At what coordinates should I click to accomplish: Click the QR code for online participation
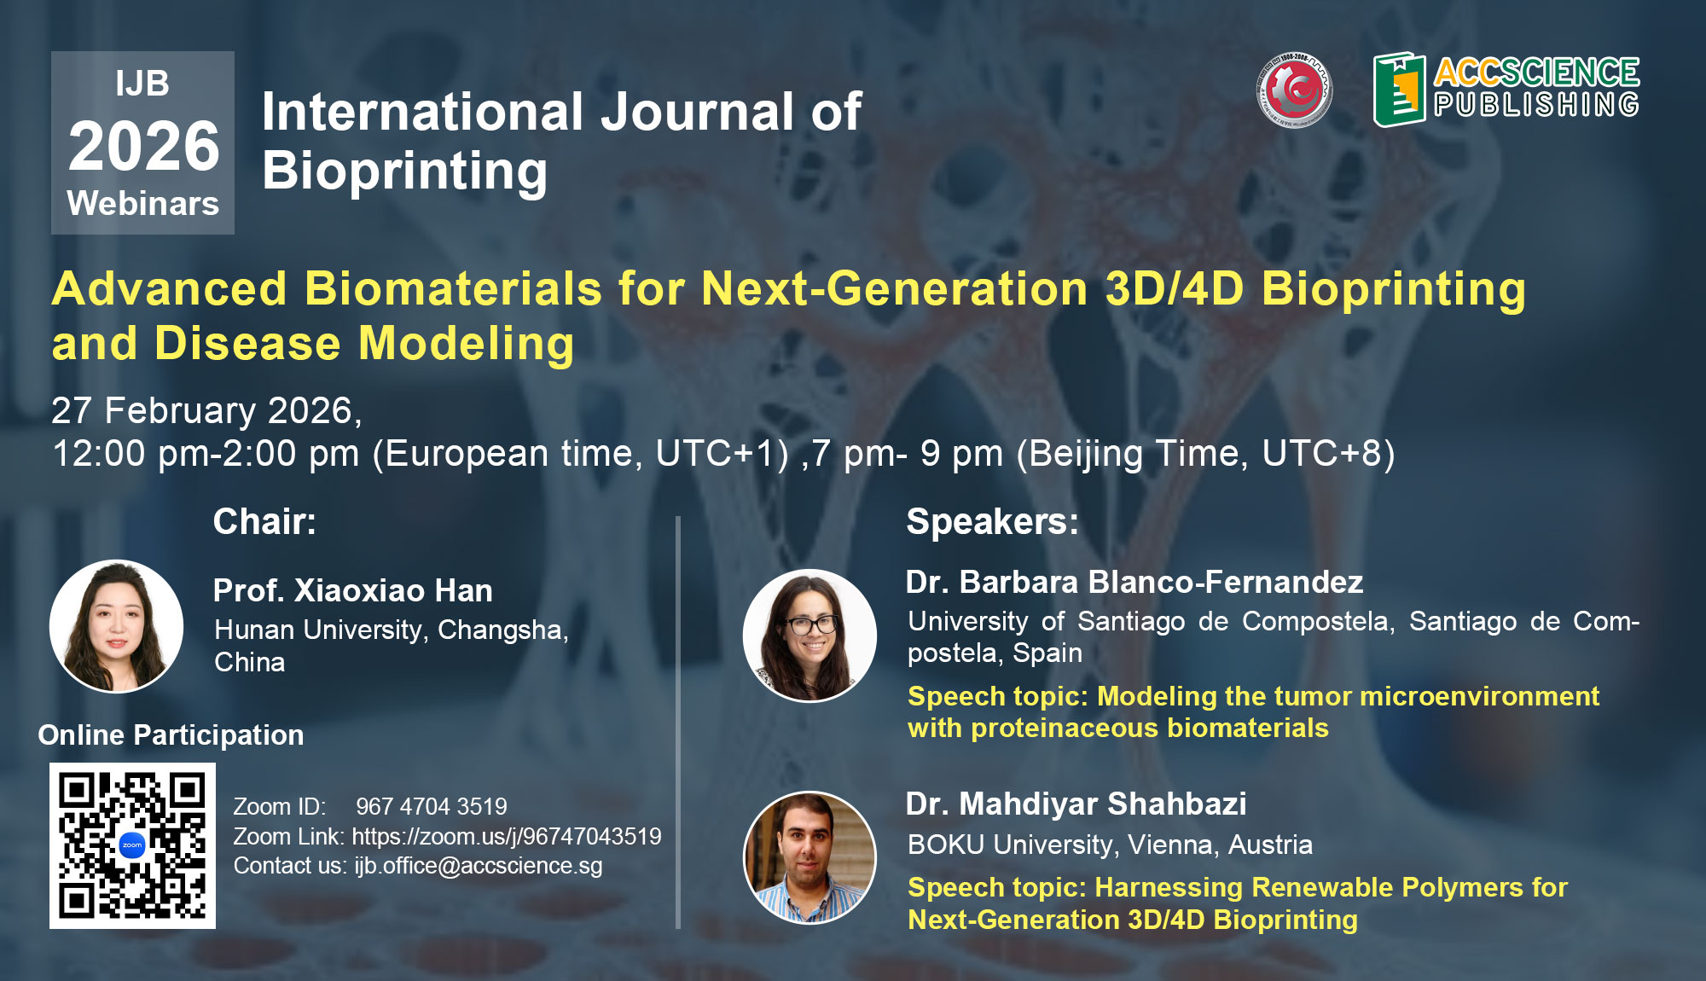(x=132, y=845)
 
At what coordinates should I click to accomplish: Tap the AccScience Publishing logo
(x=1506, y=90)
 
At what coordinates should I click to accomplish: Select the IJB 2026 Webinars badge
(x=142, y=142)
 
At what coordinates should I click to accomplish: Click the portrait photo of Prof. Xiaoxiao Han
(x=116, y=626)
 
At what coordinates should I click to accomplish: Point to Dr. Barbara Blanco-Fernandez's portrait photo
(x=809, y=636)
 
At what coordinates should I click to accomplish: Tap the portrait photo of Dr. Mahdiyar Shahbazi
(x=809, y=858)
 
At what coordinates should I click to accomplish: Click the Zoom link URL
(x=507, y=836)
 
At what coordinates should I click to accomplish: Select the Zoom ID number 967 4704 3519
(x=432, y=806)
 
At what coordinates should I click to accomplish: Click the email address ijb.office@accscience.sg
(x=479, y=866)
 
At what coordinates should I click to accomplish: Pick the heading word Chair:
(x=264, y=521)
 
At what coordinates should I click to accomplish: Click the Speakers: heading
(x=992, y=521)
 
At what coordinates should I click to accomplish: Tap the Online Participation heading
(x=171, y=735)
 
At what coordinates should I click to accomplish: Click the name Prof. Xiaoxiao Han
(x=353, y=590)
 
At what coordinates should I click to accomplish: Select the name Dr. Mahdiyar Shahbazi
(x=1076, y=804)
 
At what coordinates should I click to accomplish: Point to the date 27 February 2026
(x=202, y=410)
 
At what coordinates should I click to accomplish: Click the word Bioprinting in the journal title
(x=405, y=171)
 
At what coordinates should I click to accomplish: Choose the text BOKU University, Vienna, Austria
(x=1110, y=845)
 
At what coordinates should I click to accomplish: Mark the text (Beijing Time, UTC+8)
(x=1205, y=454)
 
